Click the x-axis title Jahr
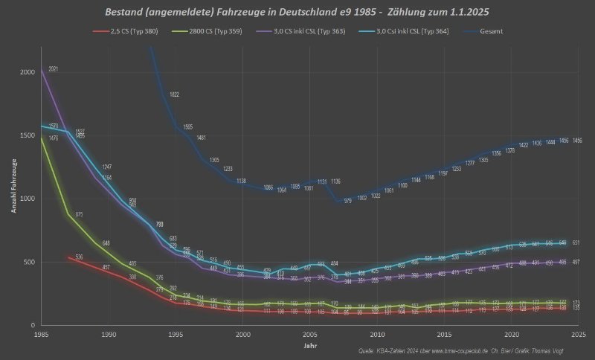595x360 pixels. tap(309, 346)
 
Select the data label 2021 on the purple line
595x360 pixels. tap(54, 69)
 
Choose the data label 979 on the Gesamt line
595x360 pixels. tap(348, 201)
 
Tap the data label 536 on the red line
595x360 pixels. tap(79, 257)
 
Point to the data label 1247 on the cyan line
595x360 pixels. tap(107, 167)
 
